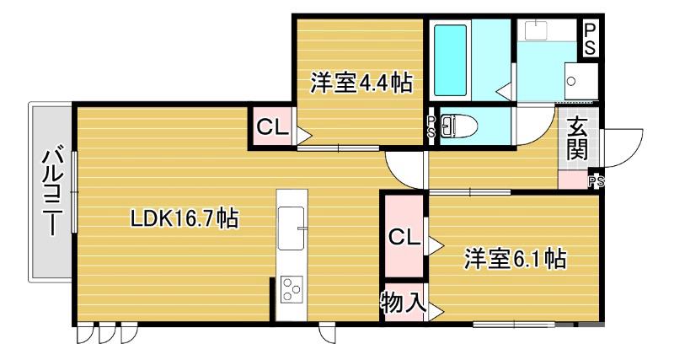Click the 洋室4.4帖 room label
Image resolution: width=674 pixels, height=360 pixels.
[361, 83]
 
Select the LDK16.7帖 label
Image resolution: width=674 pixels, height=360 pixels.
[183, 219]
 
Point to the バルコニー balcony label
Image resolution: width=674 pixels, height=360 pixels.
[51, 193]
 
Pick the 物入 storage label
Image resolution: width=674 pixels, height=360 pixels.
[404, 303]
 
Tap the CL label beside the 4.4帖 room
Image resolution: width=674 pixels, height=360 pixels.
[272, 128]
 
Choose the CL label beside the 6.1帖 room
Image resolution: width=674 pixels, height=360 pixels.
[404, 237]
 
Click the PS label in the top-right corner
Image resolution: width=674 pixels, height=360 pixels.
[591, 39]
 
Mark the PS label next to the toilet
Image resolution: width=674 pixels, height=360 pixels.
[431, 127]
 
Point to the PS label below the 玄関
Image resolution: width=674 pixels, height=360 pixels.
[596, 180]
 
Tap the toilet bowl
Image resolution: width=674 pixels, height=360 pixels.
[458, 126]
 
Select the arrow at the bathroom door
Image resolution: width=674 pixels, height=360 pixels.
[503, 88]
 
